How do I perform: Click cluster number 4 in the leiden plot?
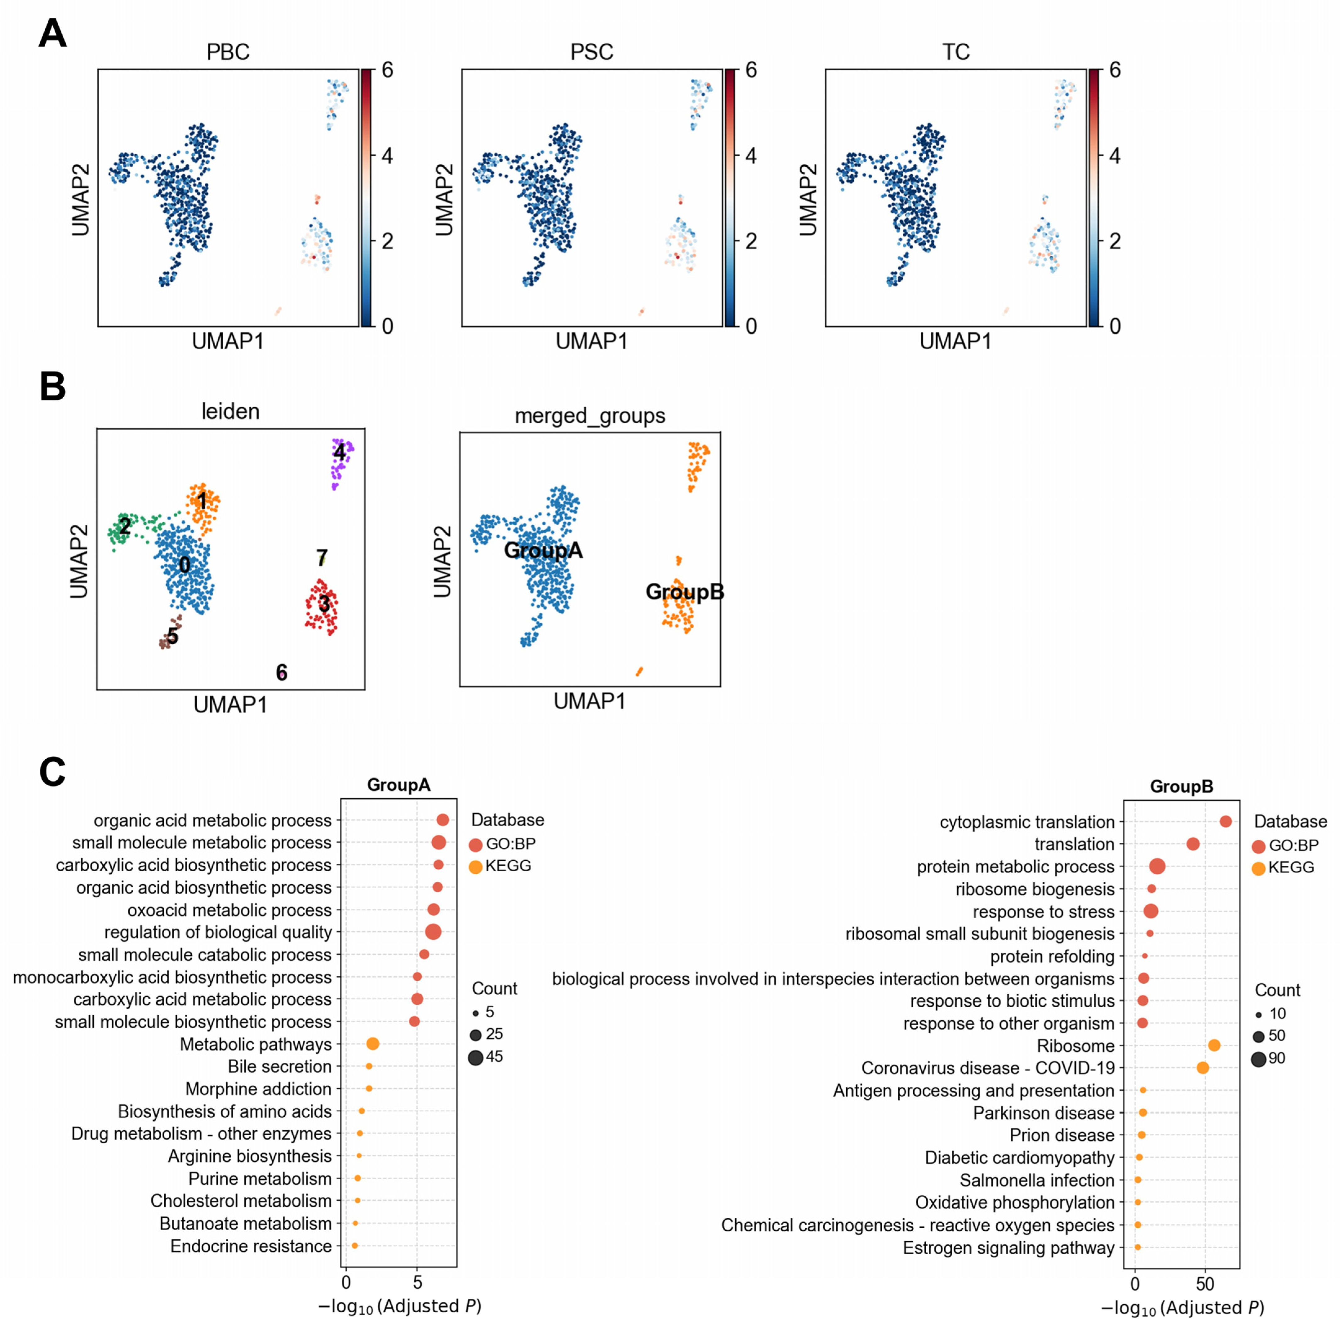(339, 453)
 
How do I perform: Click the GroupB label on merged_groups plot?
(684, 591)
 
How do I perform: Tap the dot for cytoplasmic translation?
(1226, 822)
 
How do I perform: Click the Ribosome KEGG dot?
(1214, 1045)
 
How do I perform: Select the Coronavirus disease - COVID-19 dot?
(1203, 1068)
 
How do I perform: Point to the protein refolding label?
(1052, 956)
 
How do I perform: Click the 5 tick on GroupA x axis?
(417, 1283)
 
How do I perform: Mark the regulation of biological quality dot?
(434, 932)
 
